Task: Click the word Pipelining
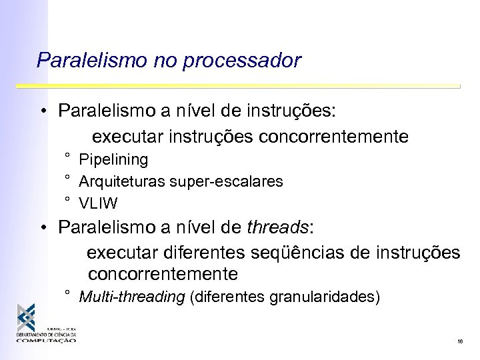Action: [113, 160]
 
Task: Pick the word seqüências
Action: [298, 253]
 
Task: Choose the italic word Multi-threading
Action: [132, 297]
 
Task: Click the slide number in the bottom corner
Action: [460, 341]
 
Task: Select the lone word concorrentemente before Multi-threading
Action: [163, 273]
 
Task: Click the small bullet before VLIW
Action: [68, 199]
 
